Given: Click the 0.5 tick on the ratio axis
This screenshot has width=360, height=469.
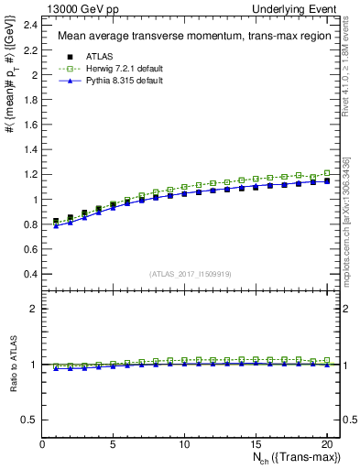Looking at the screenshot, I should (x=30, y=420).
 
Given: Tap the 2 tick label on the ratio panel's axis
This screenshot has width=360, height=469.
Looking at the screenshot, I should (x=34, y=309).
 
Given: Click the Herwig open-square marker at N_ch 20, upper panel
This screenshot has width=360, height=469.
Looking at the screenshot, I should (x=326, y=172).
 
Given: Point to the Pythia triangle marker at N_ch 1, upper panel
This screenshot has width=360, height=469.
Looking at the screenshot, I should (x=57, y=225).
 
